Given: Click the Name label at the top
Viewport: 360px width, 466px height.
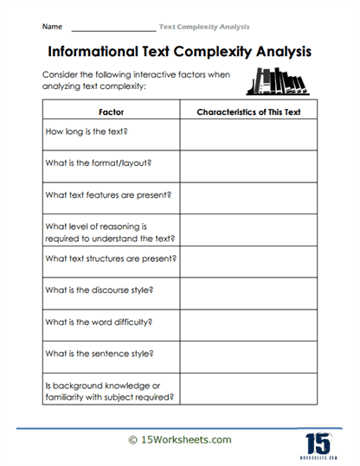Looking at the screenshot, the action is click(51, 27).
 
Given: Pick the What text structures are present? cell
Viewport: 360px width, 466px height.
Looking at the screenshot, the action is click(111, 258).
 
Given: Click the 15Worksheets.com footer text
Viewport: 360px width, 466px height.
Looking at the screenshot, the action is click(180, 440).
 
